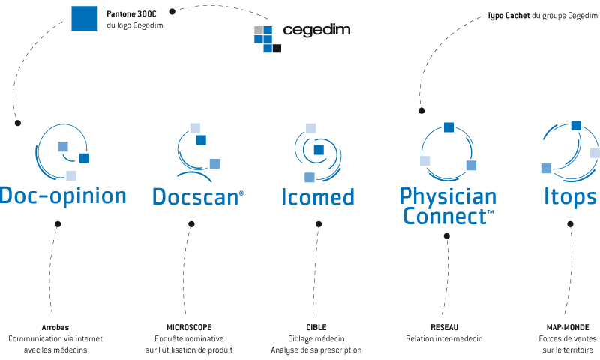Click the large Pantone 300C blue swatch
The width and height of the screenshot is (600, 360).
point(84,19)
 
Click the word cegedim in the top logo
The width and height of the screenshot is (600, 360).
point(316,30)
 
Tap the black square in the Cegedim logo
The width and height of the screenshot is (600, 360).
point(277,49)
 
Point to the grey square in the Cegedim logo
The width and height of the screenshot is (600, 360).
point(259,30)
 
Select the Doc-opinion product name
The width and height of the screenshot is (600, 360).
point(63,196)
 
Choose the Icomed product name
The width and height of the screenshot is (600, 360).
point(318,197)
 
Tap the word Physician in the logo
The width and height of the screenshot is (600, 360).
point(448,197)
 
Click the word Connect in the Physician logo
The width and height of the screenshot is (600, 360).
point(445,216)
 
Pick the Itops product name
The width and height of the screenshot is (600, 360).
point(571,198)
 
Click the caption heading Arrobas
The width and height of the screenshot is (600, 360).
point(55,327)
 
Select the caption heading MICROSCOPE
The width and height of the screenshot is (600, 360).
point(189,327)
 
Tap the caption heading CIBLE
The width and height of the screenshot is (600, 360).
point(316,327)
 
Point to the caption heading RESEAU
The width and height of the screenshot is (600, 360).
point(444,327)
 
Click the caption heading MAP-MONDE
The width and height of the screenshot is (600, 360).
point(568,327)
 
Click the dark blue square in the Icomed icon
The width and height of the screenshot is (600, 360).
point(319,150)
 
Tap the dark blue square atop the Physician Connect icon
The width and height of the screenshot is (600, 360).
point(448,127)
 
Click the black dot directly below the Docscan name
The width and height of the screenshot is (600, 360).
point(191,224)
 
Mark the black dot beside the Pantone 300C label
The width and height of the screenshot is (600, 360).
point(172,11)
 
